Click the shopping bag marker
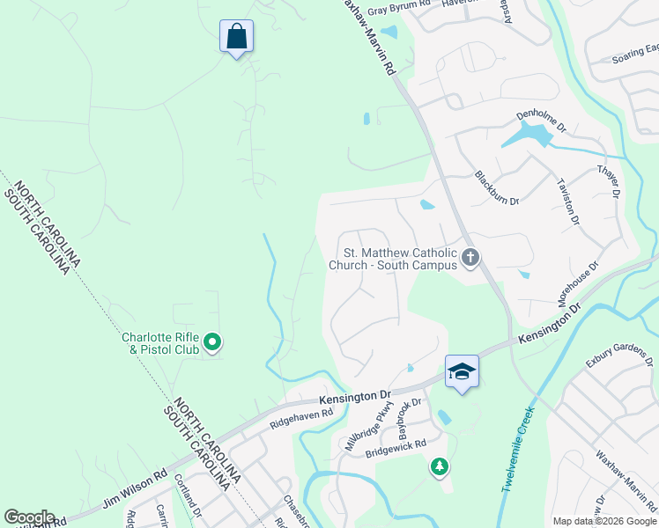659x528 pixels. click(236, 37)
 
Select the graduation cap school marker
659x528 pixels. click(461, 371)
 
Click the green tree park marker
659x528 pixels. click(439, 466)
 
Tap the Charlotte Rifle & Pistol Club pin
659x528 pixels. click(211, 341)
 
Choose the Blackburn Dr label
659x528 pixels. click(497, 187)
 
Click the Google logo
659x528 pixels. click(30, 517)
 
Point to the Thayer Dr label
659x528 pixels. click(610, 181)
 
